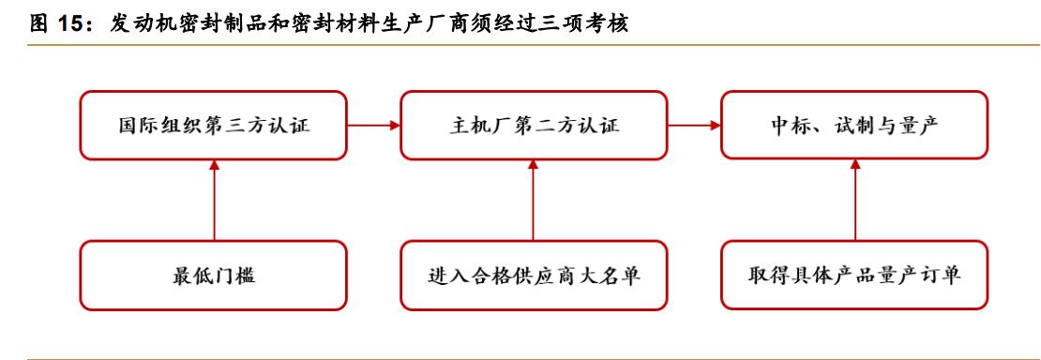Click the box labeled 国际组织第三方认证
tap(213, 125)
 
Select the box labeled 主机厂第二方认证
tap(533, 125)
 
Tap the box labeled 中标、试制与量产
tap(854, 125)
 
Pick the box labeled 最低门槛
tap(213, 276)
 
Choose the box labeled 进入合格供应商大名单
tap(533, 276)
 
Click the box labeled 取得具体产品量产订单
tap(854, 276)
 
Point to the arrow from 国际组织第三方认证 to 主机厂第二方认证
tap(373, 125)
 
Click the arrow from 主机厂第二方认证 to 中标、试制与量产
tap(693, 125)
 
